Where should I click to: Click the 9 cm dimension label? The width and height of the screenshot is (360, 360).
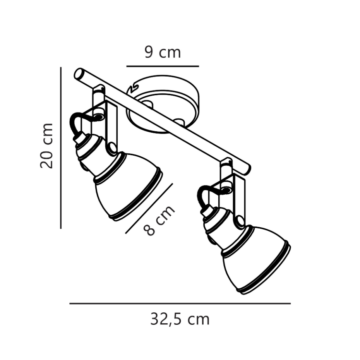[163, 52]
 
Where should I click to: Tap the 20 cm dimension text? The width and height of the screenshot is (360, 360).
[46, 146]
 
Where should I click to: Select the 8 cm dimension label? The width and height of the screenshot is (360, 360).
[159, 220]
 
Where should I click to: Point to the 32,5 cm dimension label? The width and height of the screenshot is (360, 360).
[180, 319]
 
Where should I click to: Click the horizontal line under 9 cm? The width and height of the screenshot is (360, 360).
[163, 66]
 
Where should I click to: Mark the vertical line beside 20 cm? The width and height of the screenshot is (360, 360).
[61, 147]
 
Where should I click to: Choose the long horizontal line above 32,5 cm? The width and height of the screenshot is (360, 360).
[180, 303]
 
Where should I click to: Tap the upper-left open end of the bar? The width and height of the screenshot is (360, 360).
[79, 74]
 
